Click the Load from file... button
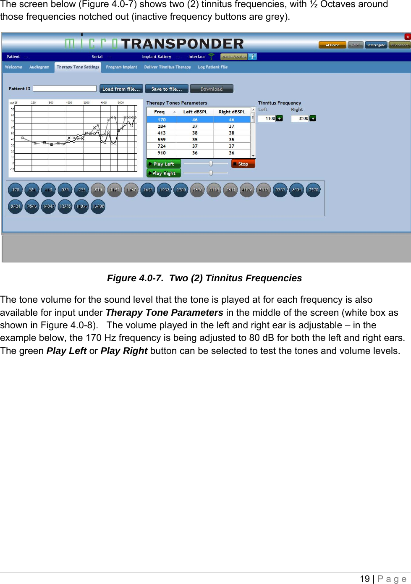(121, 89)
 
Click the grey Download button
(211, 89)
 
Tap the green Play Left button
(163, 164)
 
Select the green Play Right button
(163, 173)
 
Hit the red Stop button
(243, 164)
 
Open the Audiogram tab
(39, 67)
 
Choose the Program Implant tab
(121, 67)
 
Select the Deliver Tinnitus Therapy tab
(167, 67)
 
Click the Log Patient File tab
(212, 67)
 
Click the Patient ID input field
(65, 89)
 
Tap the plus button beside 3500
(313, 118)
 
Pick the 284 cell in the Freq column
(162, 126)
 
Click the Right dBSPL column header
(232, 112)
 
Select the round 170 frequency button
(15, 190)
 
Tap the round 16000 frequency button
(98, 206)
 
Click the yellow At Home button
(332, 45)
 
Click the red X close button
(407, 37)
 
